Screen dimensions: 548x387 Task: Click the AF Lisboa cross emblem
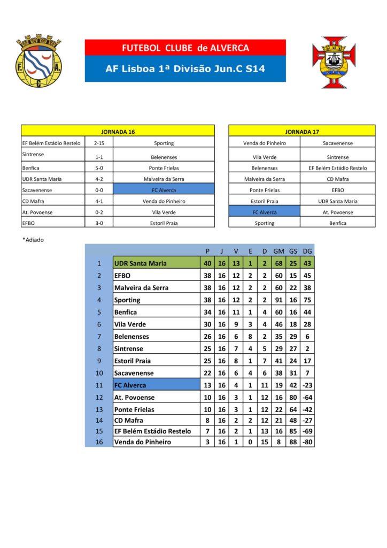point(334,62)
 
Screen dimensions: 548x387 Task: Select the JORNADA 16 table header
point(118,131)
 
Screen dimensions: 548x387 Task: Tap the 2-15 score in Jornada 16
point(99,143)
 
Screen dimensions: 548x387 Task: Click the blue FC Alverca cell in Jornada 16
point(164,189)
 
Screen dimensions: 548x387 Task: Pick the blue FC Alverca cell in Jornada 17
point(264,212)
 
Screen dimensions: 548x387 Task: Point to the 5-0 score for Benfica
point(99,168)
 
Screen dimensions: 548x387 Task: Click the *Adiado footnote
point(33,240)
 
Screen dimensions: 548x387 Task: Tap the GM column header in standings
point(278,250)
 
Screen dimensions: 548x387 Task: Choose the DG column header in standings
point(307,250)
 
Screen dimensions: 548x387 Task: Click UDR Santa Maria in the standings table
point(140,263)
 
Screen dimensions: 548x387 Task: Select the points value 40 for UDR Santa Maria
point(207,263)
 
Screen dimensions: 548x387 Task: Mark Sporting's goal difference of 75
point(307,300)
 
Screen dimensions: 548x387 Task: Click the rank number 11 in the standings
point(98,385)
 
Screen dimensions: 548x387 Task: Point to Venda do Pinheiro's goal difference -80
point(307,442)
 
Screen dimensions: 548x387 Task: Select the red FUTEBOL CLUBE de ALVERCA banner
point(185,48)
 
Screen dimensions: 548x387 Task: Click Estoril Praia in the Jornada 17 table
point(264,201)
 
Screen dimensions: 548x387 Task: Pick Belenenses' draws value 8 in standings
point(250,337)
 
